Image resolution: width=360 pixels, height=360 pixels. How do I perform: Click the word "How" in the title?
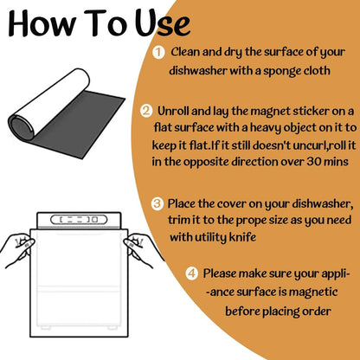(42, 23)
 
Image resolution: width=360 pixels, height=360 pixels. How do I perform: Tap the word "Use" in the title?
(163, 23)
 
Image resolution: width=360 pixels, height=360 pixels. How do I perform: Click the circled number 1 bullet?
(158, 53)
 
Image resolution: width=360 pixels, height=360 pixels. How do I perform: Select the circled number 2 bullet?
(146, 111)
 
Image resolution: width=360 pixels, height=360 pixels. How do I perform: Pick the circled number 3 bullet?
(157, 203)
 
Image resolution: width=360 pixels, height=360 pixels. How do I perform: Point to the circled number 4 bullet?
(192, 273)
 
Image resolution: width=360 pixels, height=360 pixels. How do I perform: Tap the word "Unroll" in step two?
(173, 111)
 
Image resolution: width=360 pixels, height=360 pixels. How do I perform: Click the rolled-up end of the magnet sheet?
(21, 127)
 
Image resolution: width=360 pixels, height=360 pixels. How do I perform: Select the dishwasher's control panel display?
(79, 220)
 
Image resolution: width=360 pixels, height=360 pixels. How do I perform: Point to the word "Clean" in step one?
(185, 52)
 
